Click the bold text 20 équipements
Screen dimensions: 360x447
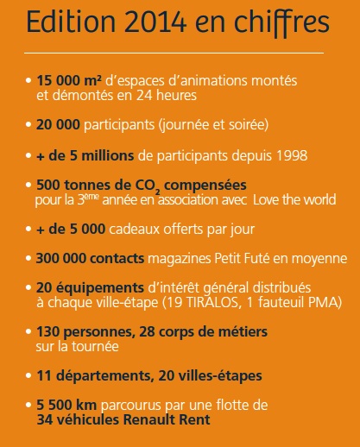pos(85,287)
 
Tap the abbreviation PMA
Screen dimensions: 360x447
pos(328,303)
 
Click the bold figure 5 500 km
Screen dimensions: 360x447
pos(66,406)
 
